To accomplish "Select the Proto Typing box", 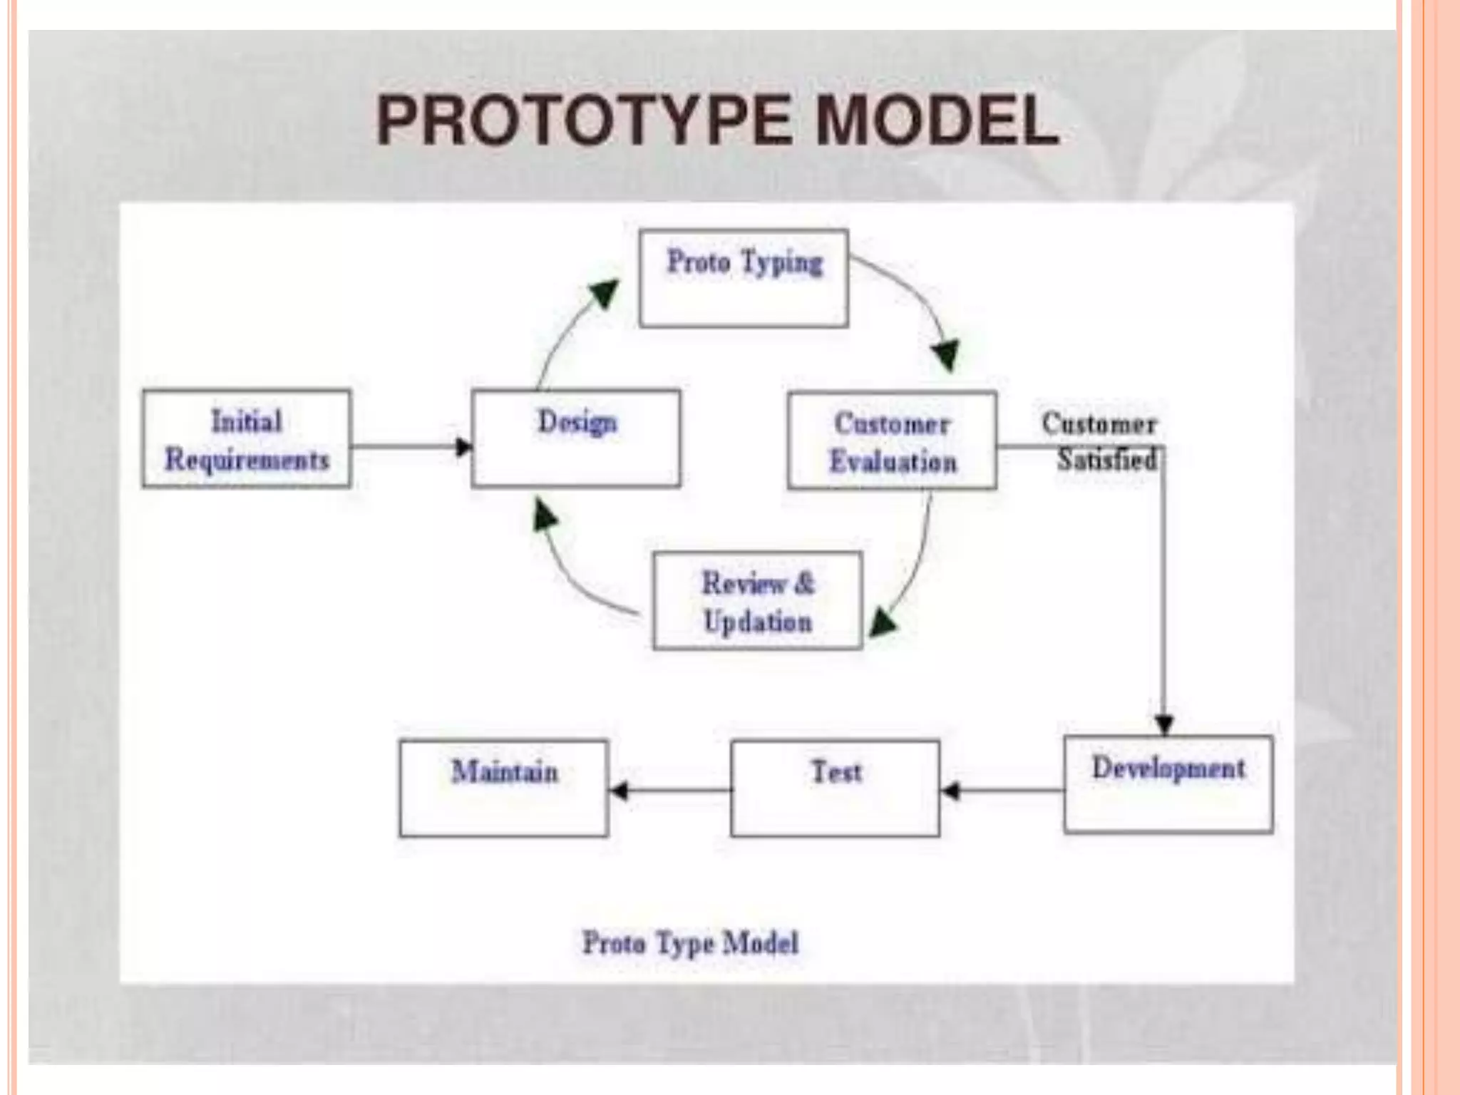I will tap(744, 278).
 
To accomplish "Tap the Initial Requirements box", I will tap(247, 439).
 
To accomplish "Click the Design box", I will tap(576, 439).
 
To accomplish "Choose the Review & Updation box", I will tap(757, 601).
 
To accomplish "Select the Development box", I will tap(1168, 785).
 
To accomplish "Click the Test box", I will tap(835, 788).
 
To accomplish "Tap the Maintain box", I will tap(504, 788).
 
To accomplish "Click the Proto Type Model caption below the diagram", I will tap(690, 943).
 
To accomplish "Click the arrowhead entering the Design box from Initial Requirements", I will tap(463, 448).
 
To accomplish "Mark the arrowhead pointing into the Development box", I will tap(1164, 725).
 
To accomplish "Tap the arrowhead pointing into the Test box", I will tap(950, 791).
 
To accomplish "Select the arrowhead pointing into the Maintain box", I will tap(619, 791).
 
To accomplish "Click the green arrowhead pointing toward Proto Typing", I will tap(605, 293).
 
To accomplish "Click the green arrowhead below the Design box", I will tap(546, 515).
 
